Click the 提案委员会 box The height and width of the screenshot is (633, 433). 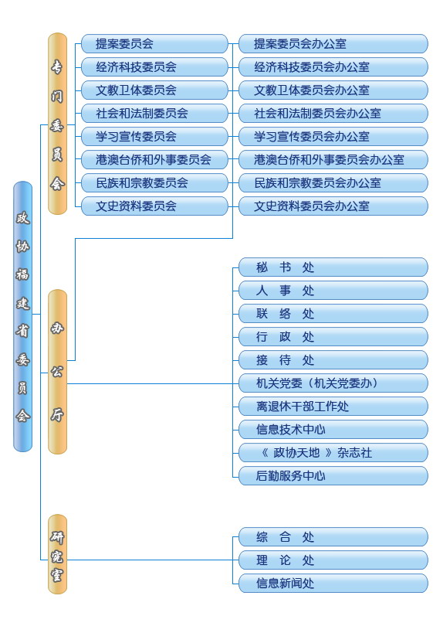click(154, 43)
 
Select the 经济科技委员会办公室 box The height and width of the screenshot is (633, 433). click(333, 67)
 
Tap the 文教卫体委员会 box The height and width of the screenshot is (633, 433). click(154, 90)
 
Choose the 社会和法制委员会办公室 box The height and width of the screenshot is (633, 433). click(333, 114)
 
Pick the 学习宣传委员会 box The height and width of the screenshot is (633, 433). click(154, 137)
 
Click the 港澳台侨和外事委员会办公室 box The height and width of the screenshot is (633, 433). click(333, 160)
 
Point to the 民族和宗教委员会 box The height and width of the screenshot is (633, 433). click(154, 183)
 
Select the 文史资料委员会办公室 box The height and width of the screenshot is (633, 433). click(333, 206)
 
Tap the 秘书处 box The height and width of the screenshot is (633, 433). click(333, 267)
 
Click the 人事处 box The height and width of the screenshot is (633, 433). click(333, 291)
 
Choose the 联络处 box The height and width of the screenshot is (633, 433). click(333, 314)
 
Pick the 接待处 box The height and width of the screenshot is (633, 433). click(333, 360)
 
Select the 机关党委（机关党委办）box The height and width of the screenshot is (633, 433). click(333, 383)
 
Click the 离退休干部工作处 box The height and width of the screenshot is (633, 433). click(333, 407)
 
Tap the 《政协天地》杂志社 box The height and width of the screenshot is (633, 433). click(333, 453)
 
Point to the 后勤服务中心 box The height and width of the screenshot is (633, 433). click(333, 476)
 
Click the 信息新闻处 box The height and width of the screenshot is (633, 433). click(333, 584)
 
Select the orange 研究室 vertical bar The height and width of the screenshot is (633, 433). click(57, 554)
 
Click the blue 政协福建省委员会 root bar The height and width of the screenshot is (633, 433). click(22, 317)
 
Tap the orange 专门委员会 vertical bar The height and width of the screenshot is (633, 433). click(57, 124)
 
